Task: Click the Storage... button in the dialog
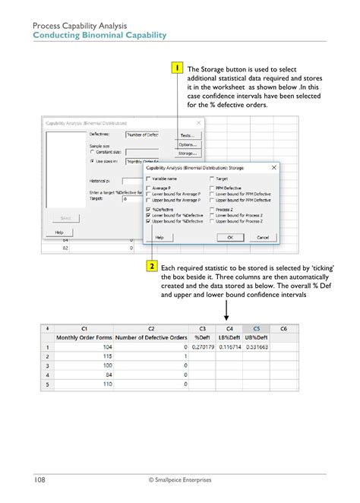pyautogui.click(x=187, y=153)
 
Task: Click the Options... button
pyautogui.click(x=187, y=144)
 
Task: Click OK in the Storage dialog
pyautogui.click(x=230, y=237)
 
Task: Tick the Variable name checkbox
pyautogui.click(x=148, y=179)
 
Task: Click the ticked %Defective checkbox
pyautogui.click(x=148, y=207)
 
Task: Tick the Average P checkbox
pyautogui.click(x=148, y=188)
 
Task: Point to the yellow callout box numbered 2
pyautogui.click(x=152, y=267)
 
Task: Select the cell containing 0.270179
pyautogui.click(x=202, y=346)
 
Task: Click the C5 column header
pyautogui.click(x=256, y=327)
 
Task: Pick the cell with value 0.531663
pyautogui.click(x=256, y=346)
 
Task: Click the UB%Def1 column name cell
pyautogui.click(x=256, y=337)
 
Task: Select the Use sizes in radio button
pyautogui.click(x=92, y=161)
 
